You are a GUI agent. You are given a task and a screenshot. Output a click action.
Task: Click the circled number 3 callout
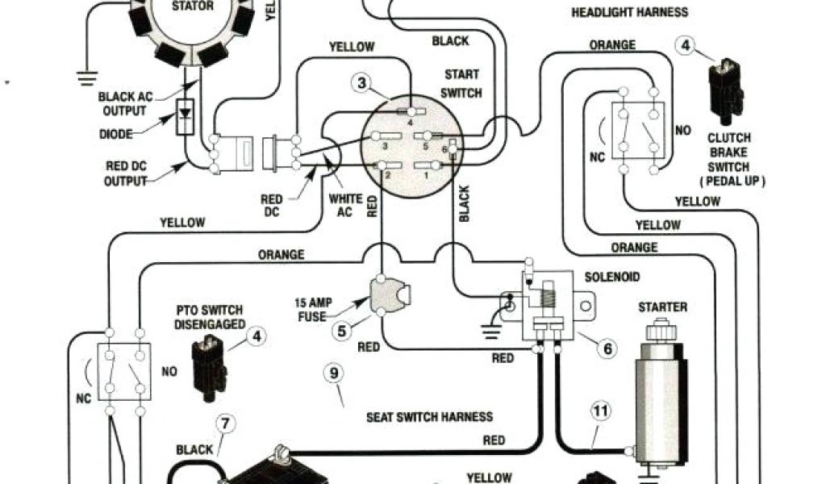362,82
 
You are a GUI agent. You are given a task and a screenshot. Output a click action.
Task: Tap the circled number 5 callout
343,330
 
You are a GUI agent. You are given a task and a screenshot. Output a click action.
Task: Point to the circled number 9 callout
333,373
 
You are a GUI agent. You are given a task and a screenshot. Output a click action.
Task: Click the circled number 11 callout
600,411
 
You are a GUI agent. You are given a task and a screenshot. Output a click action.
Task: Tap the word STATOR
193,6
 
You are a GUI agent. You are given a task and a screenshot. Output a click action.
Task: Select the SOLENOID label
612,277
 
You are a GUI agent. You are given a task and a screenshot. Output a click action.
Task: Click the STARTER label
662,307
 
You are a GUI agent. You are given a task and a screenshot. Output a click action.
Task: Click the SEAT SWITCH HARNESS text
429,417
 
